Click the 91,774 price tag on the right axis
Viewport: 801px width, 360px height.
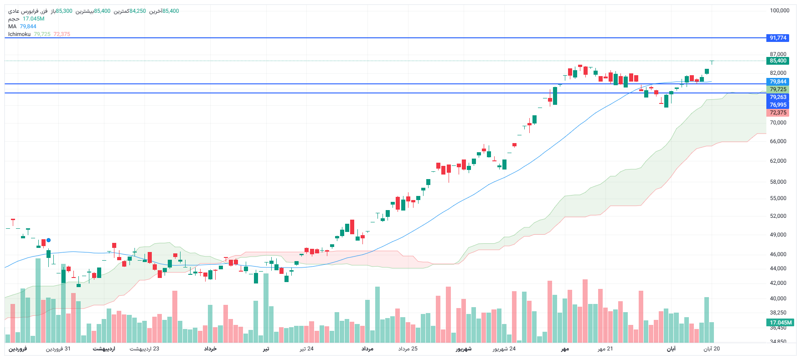778,38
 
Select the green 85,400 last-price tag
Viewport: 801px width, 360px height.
778,61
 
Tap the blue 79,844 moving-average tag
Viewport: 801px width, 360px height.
778,82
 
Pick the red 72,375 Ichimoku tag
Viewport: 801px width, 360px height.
778,113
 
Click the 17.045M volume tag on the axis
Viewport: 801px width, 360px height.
780,322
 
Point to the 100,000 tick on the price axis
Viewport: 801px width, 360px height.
779,10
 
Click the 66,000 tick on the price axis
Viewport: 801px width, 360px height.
778,141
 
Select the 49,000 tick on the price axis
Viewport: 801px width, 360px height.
778,235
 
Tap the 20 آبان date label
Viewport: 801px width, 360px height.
711,349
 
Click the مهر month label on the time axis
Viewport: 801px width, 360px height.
565,349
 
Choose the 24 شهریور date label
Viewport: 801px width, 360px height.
504,349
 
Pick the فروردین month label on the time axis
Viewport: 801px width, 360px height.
18,349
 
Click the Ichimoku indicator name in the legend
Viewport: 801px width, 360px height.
19,34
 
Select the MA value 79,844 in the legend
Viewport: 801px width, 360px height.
28,26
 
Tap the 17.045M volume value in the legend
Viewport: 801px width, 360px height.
33,19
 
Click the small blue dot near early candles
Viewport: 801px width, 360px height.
49,240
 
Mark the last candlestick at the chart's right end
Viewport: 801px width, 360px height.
712,61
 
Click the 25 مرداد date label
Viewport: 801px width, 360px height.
408,349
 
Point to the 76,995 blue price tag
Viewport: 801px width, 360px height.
778,105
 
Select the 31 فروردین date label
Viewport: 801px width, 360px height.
58,349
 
